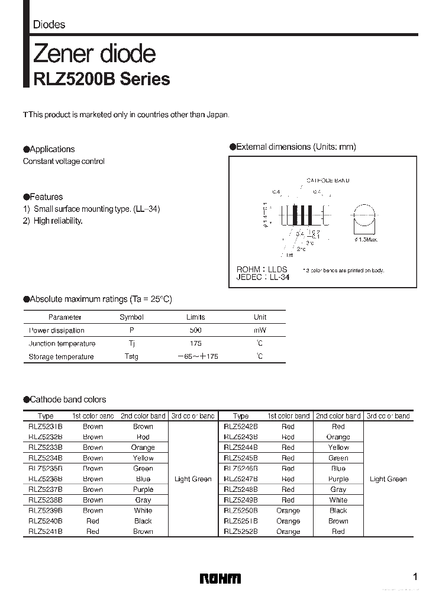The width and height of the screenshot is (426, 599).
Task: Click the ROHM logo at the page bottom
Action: click(x=220, y=578)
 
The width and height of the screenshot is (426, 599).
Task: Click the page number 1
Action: click(x=415, y=577)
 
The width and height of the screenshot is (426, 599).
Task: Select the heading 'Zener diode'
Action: click(x=95, y=54)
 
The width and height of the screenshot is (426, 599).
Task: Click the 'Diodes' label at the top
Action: click(x=49, y=25)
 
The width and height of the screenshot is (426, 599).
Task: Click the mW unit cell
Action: click(x=260, y=330)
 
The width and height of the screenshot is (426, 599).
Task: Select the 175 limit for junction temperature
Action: click(x=195, y=343)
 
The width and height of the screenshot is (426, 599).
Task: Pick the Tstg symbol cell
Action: click(x=131, y=356)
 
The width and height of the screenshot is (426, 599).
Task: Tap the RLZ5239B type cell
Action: click(x=45, y=510)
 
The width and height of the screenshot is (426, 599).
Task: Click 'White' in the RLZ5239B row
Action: click(x=143, y=510)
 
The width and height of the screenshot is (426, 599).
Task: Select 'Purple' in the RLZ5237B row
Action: click(x=143, y=489)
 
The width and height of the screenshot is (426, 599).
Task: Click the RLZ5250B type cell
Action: click(x=241, y=510)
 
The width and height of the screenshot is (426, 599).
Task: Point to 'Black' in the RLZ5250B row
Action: click(x=338, y=510)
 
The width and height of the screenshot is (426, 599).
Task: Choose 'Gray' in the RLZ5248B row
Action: click(x=338, y=489)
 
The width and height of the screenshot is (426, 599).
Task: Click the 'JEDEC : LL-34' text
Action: click(x=263, y=277)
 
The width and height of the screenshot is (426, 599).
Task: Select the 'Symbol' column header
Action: click(x=131, y=317)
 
